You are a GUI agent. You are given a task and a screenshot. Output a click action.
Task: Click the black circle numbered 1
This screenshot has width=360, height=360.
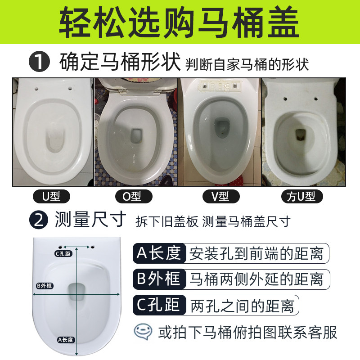tap(39, 62)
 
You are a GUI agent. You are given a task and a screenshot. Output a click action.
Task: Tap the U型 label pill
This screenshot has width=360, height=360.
tap(51, 196)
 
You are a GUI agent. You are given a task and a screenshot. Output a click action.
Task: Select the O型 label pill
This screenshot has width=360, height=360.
tap(134, 196)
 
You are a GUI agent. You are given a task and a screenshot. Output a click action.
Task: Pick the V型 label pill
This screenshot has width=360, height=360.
tap(221, 196)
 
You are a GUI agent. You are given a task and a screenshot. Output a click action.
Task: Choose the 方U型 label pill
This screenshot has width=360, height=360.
tap(302, 196)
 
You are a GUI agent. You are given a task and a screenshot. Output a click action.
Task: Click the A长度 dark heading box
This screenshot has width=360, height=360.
tap(159, 253)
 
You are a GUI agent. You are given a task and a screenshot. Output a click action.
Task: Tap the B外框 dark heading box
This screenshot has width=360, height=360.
tap(159, 279)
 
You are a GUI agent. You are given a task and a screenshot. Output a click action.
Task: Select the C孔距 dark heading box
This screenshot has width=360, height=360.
tap(159, 305)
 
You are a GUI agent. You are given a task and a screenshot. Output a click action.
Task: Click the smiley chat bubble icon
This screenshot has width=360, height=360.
tap(143, 332)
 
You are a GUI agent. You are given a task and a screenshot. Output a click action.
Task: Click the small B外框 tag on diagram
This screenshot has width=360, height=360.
tap(45, 286)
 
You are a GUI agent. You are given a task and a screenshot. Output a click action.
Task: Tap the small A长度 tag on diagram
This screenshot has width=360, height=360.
tap(66, 340)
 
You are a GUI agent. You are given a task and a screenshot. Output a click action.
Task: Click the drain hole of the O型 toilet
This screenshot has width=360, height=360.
tap(136, 135)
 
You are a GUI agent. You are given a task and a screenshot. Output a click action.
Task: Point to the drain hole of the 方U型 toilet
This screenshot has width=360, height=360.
tap(300, 135)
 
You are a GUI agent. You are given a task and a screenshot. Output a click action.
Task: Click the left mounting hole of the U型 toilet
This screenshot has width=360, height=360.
tap(36, 89)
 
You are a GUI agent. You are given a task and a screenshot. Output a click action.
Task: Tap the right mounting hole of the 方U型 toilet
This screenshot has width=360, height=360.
tap(316, 99)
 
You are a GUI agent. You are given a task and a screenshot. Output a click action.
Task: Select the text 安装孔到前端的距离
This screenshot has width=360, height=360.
tap(256, 253)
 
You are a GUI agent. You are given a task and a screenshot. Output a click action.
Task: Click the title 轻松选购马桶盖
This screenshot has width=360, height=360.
tap(179, 22)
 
